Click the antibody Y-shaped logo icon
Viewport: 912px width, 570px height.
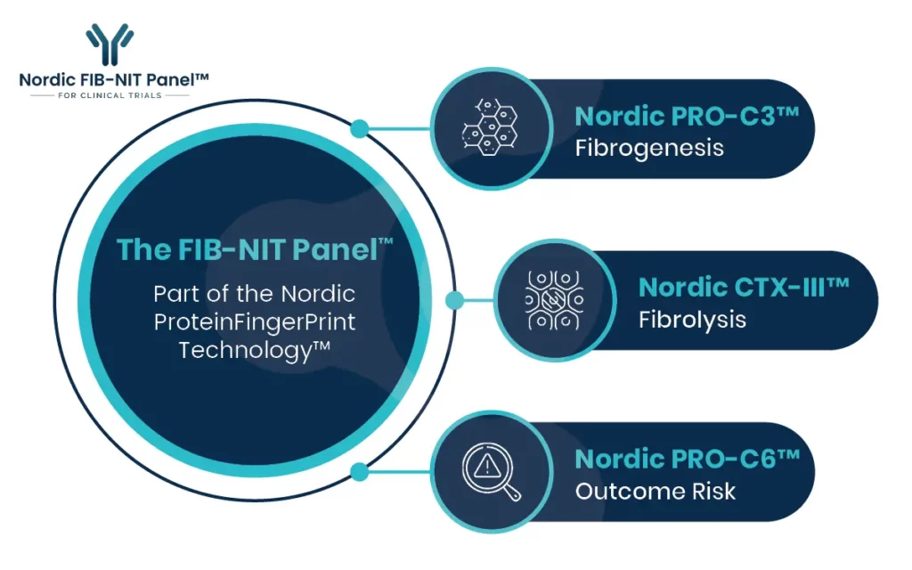pos(110,45)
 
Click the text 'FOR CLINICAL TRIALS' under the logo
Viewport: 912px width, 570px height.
pos(110,95)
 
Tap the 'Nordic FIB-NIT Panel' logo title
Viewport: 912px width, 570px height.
pos(114,79)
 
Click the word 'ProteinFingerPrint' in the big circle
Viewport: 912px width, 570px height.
pos(255,322)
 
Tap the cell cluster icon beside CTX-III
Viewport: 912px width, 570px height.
pos(554,300)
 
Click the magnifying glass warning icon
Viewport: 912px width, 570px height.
pos(492,472)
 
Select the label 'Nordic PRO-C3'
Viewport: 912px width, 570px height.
pos(687,117)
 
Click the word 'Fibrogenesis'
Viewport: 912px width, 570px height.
pos(649,149)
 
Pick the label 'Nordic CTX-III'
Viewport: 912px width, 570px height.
pos(744,288)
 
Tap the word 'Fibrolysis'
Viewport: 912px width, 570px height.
pos(692,320)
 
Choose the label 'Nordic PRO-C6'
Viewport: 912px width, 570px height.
pos(688,460)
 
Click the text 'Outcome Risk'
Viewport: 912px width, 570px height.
pos(655,492)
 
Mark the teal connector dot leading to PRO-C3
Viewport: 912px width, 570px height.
pos(360,128)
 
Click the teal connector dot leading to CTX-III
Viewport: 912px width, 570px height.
pos(455,300)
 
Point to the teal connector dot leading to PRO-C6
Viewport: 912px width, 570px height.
pos(360,472)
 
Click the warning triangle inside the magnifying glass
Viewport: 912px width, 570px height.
pos(487,466)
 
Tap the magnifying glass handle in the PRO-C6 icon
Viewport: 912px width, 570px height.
pos(512,493)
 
